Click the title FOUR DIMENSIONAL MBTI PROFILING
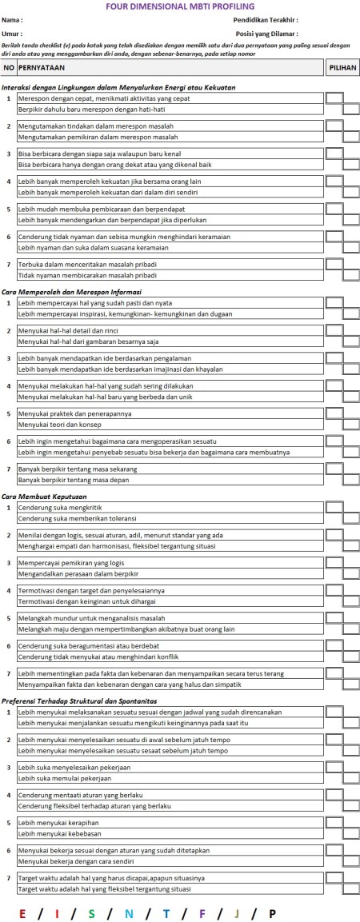(179, 6)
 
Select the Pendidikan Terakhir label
(266, 19)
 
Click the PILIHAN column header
(342, 70)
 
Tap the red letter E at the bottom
(22, 912)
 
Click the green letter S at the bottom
(92, 912)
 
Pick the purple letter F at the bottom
(202, 912)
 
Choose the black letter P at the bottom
(272, 912)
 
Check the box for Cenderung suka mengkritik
(334, 507)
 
